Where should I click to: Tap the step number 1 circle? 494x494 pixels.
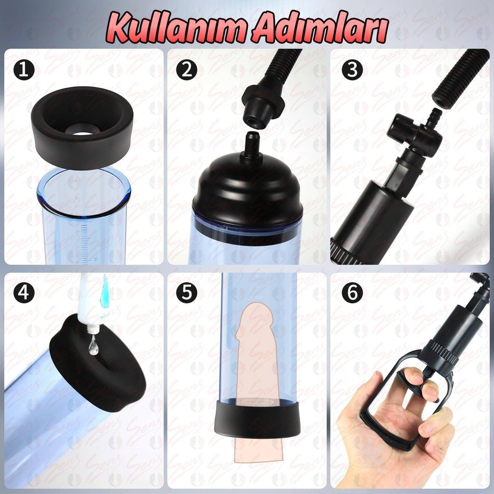click(x=24, y=69)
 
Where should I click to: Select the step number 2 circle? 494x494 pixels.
click(x=187, y=69)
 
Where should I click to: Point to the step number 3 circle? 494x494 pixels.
click(x=352, y=69)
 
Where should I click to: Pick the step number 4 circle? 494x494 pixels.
click(x=24, y=293)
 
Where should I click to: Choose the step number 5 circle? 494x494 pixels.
click(x=187, y=293)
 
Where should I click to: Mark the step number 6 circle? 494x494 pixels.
click(x=352, y=293)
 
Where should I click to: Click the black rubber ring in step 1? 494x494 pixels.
click(x=82, y=148)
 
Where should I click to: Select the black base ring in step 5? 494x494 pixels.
click(x=258, y=419)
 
